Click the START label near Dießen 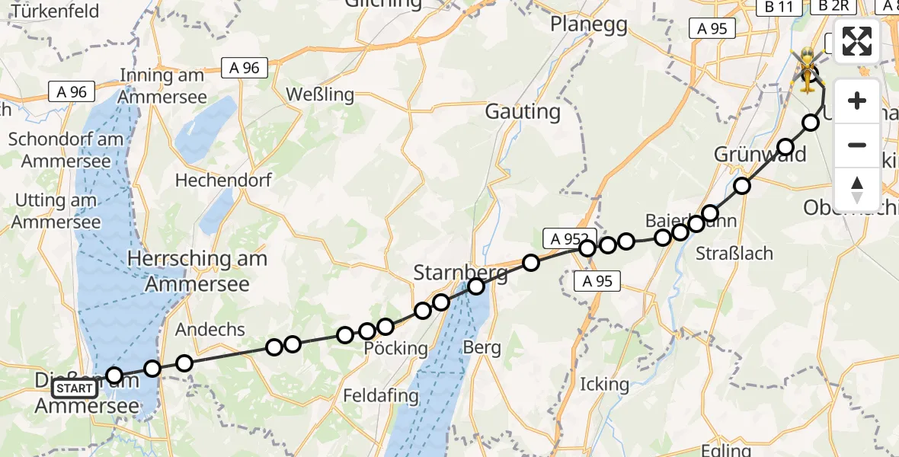point(75,389)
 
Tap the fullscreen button point(857,41)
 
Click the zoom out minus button point(857,145)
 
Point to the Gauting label point(523,112)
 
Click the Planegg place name point(589,24)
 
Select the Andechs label point(210,330)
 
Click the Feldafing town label point(381,396)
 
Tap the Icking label point(604,384)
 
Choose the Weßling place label point(320,94)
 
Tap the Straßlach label point(734,254)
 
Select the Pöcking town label point(396,349)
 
